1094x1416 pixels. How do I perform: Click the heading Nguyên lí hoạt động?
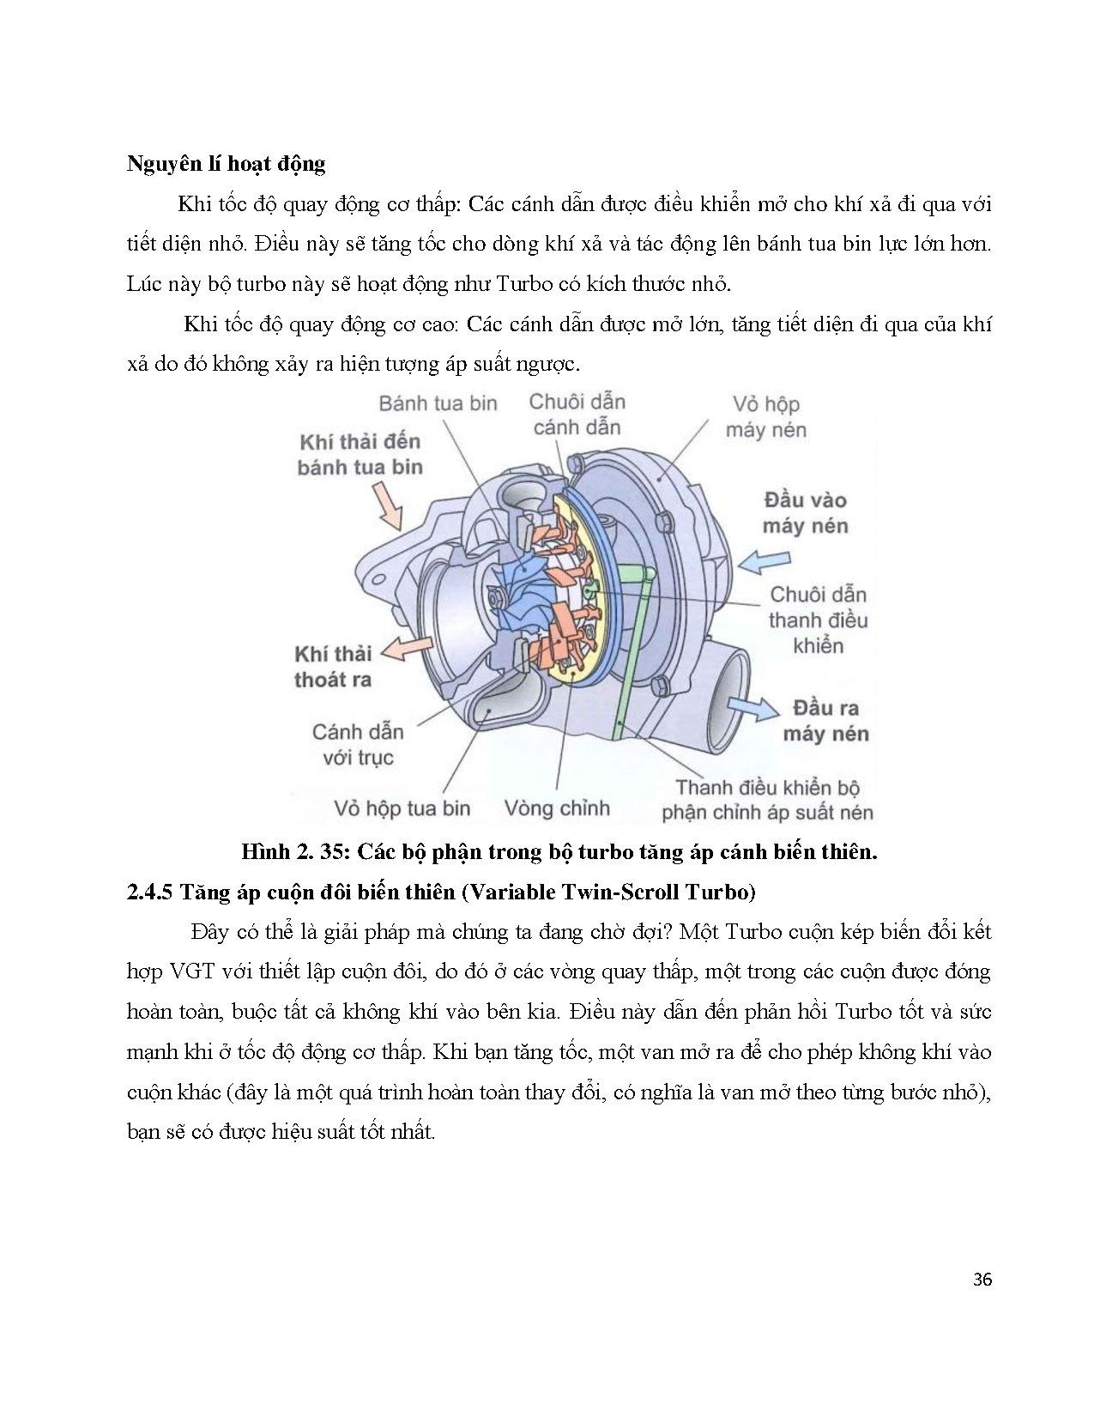point(226,164)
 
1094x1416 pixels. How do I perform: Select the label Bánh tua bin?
point(438,403)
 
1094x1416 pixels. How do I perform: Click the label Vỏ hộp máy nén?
point(765,417)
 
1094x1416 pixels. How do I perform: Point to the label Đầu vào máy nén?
point(805,513)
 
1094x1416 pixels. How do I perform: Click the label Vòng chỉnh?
point(557,808)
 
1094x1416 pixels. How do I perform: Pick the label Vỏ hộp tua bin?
point(402,808)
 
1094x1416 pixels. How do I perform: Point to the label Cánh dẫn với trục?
point(358,745)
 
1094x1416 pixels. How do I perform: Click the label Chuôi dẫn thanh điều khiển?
point(817,620)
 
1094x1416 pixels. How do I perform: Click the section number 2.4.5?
point(150,893)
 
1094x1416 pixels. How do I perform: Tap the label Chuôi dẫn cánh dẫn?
point(577,415)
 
